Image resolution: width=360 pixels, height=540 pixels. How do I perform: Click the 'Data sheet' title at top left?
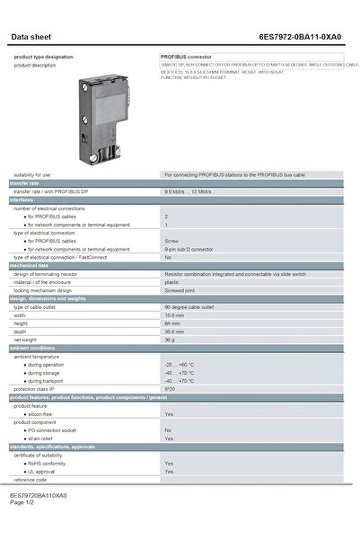click(31, 38)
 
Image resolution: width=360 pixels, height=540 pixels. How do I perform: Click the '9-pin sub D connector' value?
click(185, 249)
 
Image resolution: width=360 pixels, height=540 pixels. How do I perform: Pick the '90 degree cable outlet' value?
click(189, 307)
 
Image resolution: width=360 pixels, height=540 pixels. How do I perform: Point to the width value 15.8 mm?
click(174, 315)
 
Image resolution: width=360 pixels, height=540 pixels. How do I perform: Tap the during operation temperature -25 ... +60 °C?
click(182, 365)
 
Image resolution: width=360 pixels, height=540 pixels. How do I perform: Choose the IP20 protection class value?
click(170, 389)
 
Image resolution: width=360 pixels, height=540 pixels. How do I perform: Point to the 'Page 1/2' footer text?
click(22, 502)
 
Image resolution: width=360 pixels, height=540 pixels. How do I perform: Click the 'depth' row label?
click(20, 332)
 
